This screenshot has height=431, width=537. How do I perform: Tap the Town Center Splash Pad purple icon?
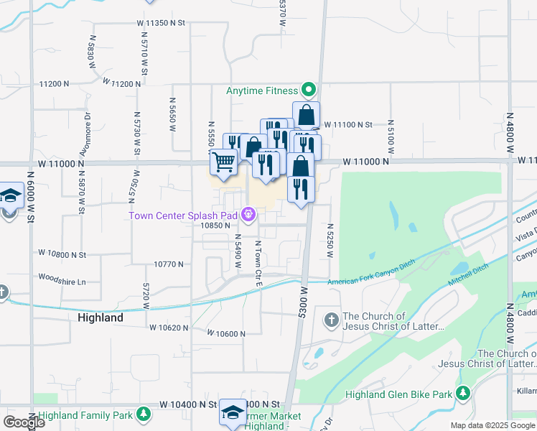point(248,213)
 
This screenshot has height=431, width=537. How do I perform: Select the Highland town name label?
point(100,317)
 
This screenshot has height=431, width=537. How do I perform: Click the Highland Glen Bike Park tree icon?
point(463,394)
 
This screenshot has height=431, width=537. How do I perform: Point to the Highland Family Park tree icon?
point(144,414)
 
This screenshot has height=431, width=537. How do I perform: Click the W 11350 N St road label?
point(161,23)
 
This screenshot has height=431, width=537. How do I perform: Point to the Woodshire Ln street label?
point(62,277)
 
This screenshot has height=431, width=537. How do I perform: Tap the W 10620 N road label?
point(169,328)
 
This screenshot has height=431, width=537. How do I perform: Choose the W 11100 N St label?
point(348,125)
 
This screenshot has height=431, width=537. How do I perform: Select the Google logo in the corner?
point(24,422)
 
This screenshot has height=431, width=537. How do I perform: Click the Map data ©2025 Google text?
point(492,425)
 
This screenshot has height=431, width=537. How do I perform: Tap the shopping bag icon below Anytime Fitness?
point(306,115)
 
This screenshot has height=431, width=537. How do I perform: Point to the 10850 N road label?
point(215,225)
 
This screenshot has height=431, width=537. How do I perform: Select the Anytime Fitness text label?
point(261,91)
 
